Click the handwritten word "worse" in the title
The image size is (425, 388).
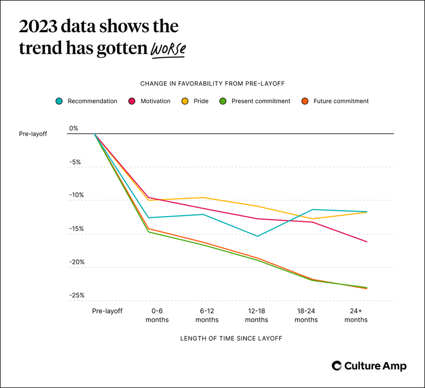tap(168, 49)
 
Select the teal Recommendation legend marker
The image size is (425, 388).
tap(59, 101)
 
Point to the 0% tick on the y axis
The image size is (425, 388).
tap(74, 128)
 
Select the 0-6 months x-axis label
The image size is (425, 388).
tap(157, 315)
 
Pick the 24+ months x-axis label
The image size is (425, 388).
tap(356, 315)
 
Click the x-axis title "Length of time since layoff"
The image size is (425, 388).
tap(231, 338)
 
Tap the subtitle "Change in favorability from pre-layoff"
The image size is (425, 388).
tap(212, 83)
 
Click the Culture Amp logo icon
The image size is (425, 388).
tap(337, 366)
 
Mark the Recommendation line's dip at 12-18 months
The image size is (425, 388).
tap(257, 236)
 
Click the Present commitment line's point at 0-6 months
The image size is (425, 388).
tap(149, 232)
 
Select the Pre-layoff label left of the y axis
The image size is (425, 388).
tap(33, 134)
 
